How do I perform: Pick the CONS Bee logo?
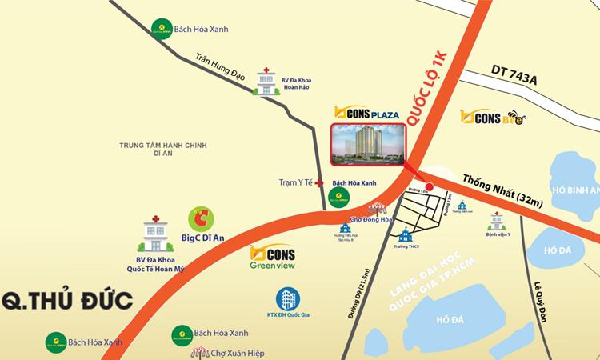(494, 117)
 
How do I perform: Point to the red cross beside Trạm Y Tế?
(319, 183)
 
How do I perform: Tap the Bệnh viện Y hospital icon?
(498, 219)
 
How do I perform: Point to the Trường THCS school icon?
(406, 236)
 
